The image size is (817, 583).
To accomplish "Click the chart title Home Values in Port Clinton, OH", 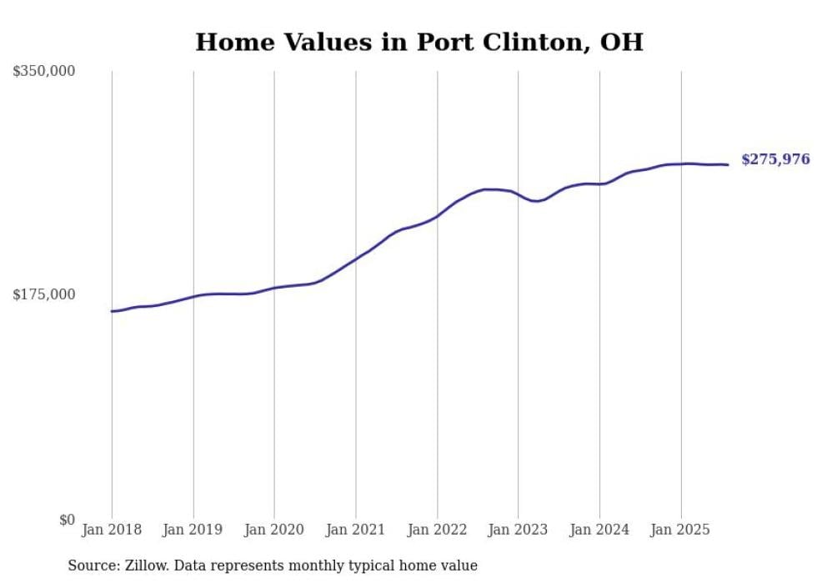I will (x=419, y=42).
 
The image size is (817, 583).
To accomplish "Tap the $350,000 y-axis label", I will (x=44, y=72).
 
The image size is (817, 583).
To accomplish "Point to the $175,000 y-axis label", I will (x=44, y=294).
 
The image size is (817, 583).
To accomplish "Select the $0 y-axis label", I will (x=67, y=520).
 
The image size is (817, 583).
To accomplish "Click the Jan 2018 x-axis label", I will (x=112, y=530).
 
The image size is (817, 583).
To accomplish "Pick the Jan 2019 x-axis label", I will (x=193, y=530).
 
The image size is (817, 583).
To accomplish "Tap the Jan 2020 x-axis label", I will (x=274, y=530).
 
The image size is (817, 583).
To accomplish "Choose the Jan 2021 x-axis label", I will (x=356, y=530).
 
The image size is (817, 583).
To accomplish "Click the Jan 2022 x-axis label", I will (x=437, y=530).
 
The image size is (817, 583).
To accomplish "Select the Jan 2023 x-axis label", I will (x=519, y=530).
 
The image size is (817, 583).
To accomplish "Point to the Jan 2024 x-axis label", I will (x=599, y=530).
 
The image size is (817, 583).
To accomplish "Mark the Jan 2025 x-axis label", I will (x=681, y=530).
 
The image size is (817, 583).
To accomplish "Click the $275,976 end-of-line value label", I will (x=775, y=159).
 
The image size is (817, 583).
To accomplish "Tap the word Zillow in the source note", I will (x=142, y=565).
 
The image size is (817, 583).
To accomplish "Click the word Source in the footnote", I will (x=89, y=565).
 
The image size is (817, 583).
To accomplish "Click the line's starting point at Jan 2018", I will (x=112, y=311).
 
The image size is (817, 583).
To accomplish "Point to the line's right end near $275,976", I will (x=728, y=164).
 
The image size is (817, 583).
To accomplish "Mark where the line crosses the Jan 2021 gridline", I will (x=356, y=259).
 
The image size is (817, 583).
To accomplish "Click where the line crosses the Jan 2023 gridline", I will (x=519, y=195).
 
